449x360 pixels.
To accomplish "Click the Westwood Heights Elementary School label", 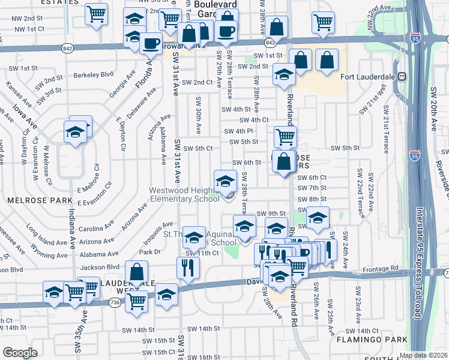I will [184, 194].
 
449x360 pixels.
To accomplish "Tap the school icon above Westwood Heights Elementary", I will [225, 180].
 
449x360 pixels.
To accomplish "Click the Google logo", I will [20, 352].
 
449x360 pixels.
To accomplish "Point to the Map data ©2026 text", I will [423, 355].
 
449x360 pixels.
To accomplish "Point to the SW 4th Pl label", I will [239, 131].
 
